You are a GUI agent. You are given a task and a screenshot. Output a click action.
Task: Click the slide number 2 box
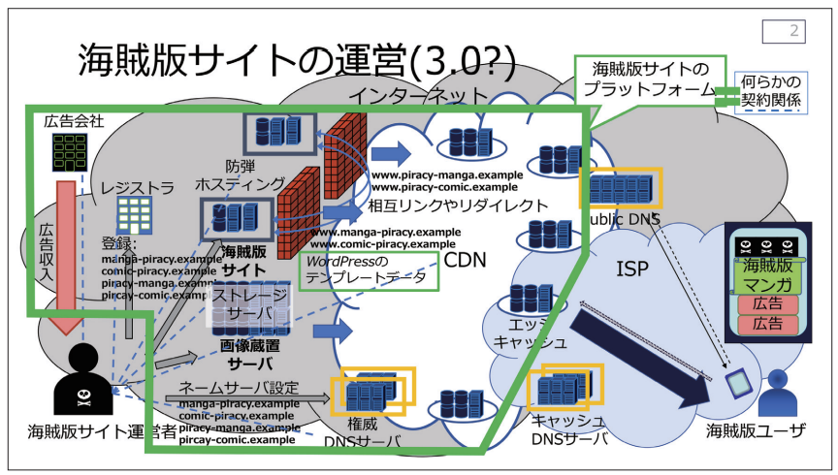(784, 31)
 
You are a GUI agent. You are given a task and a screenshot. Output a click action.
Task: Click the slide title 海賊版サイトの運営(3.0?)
(296, 60)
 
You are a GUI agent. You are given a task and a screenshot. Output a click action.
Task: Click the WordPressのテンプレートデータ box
(369, 270)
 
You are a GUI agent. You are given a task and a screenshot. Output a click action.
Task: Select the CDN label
(465, 260)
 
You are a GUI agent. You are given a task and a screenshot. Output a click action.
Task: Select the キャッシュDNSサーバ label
(569, 428)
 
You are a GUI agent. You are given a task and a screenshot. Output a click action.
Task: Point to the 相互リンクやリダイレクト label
(444, 206)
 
